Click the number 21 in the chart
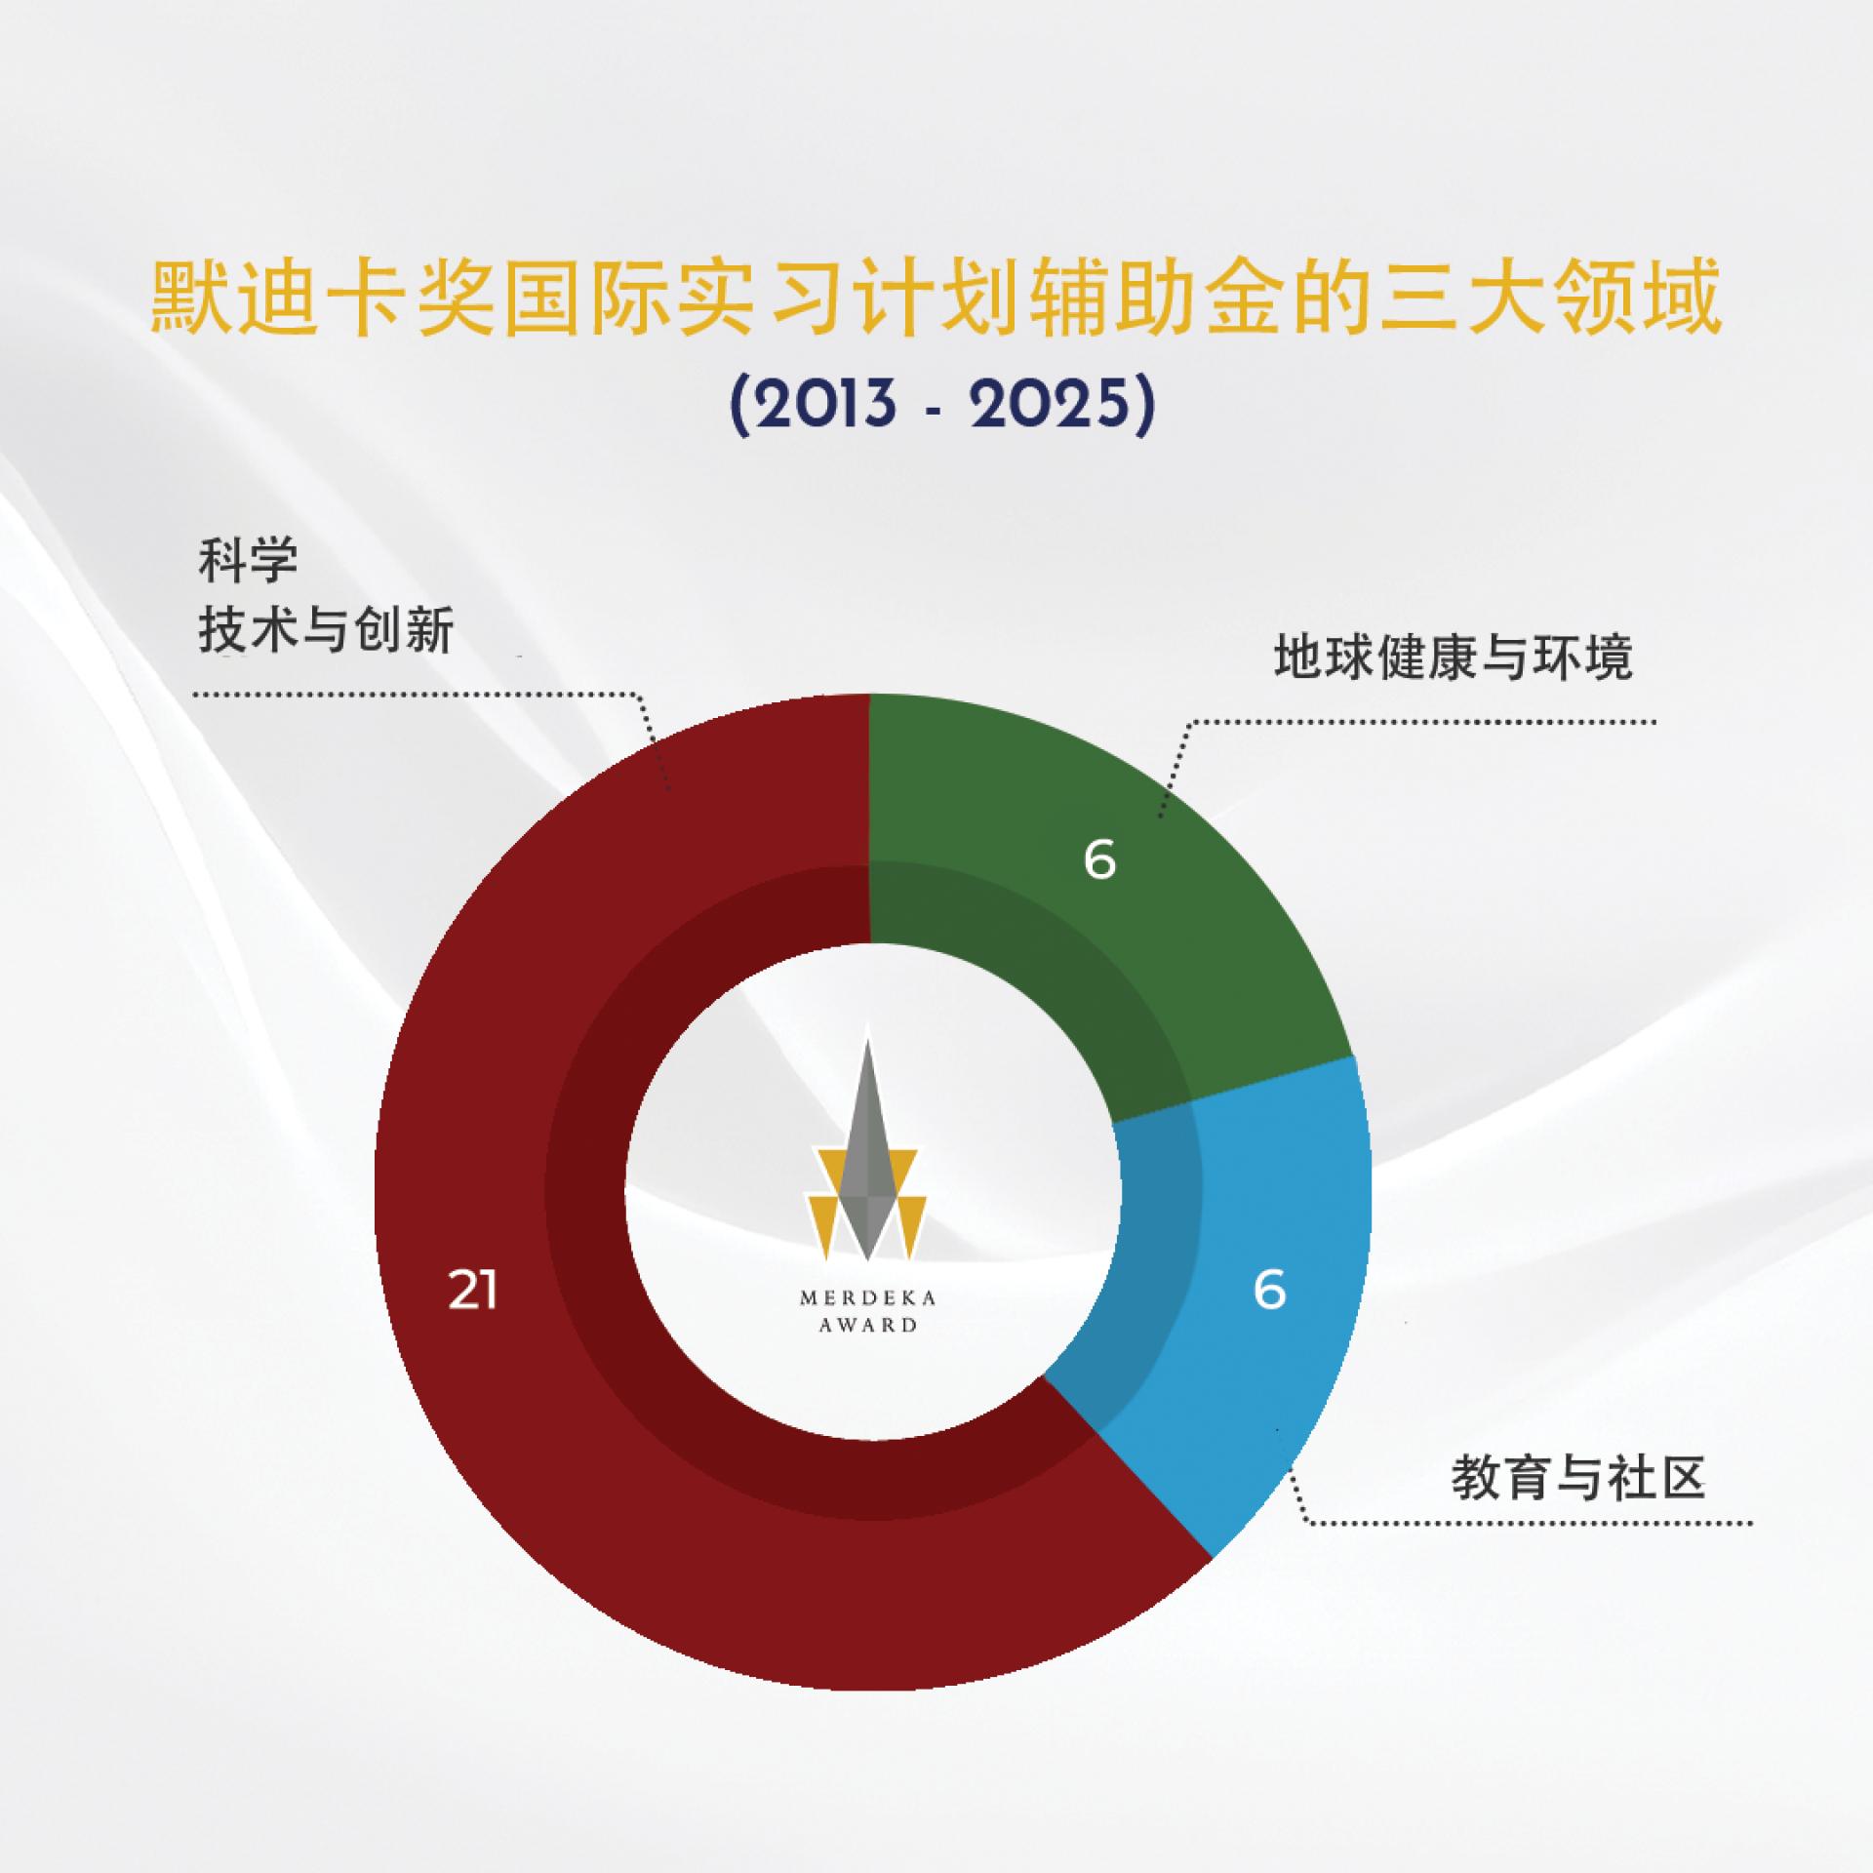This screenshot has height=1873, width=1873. tap(473, 1292)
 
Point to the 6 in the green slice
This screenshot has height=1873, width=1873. tap(1099, 860)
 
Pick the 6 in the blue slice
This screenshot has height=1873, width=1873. tap(1269, 1290)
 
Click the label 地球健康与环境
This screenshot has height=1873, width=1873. tap(1453, 658)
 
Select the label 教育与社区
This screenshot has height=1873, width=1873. tap(1578, 1479)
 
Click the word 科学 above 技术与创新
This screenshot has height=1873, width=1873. tap(248, 562)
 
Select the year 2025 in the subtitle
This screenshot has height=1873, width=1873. tap(1051, 403)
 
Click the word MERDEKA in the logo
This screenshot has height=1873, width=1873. tap(868, 1298)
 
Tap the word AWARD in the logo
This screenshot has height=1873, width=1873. tap(868, 1325)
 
